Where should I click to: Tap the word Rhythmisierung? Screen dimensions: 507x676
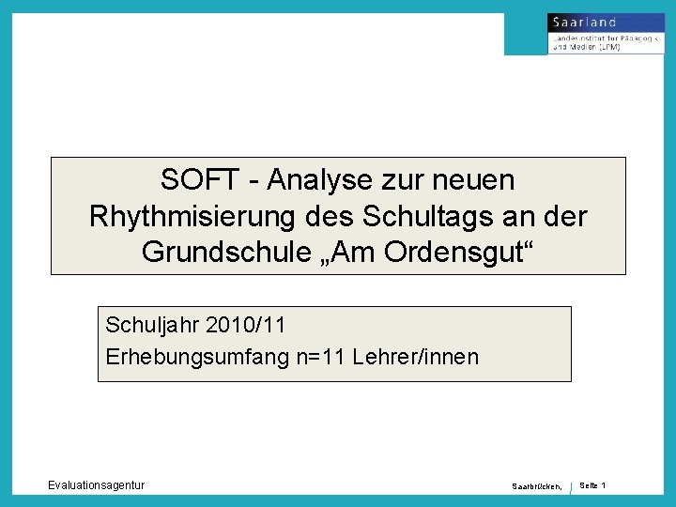pos(192,216)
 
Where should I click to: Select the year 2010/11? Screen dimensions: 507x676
pos(241,326)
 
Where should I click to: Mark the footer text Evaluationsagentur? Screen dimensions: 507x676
pos(97,484)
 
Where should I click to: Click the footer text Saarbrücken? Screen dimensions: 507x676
pos(536,486)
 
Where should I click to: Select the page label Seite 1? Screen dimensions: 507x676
pos(592,484)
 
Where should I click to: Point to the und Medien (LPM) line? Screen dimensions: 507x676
pos(586,46)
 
